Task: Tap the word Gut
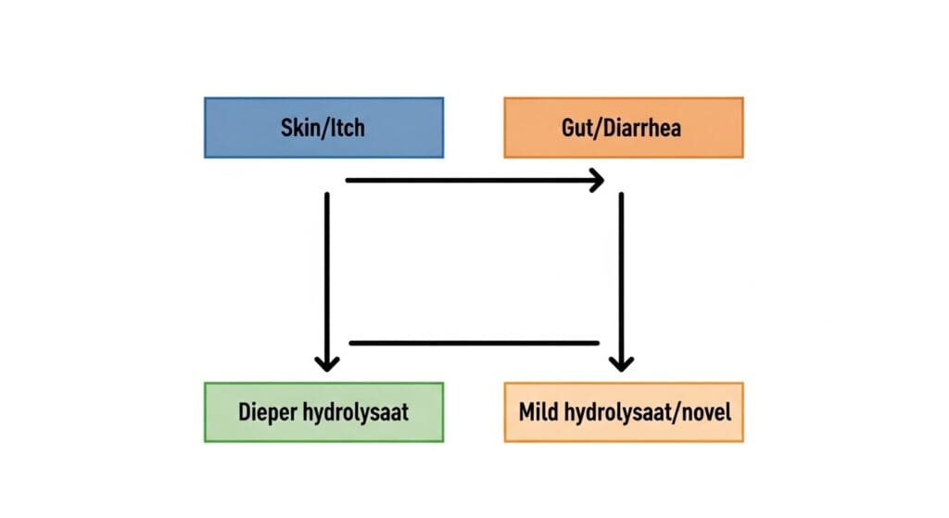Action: [x=579, y=127]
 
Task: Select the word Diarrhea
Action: [x=644, y=127]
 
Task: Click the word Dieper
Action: [x=267, y=411]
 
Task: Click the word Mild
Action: [x=539, y=411]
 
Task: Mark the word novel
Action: [x=704, y=411]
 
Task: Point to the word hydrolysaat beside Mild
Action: [x=617, y=411]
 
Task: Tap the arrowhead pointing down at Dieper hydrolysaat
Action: [x=326, y=360]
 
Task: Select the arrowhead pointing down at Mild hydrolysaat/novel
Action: [x=622, y=360]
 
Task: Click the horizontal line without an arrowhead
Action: [x=473, y=343]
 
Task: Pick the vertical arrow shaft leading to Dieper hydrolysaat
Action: [x=326, y=269]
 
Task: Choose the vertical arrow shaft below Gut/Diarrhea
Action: [x=621, y=269]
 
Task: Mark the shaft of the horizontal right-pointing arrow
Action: [x=463, y=180]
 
